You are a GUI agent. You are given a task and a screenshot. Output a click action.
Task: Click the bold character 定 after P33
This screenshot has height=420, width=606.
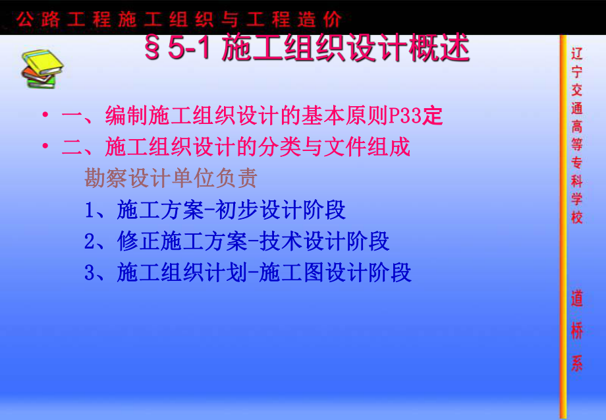click(x=432, y=117)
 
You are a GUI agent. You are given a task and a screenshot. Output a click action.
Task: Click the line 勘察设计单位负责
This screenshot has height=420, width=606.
click(x=171, y=178)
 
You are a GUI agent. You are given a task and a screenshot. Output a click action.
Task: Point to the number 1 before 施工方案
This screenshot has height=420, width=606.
click(x=90, y=210)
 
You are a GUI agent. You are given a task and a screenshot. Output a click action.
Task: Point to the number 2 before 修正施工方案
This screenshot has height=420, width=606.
click(x=90, y=241)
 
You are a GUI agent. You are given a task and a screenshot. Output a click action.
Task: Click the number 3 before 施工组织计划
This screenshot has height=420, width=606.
click(x=90, y=272)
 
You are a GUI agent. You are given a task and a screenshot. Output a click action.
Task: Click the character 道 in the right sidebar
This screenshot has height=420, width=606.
click(x=576, y=300)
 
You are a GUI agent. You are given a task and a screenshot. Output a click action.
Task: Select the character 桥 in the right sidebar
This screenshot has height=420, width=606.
click(x=576, y=331)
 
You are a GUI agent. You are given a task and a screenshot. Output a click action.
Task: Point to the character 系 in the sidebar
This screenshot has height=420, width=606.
click(x=576, y=363)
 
